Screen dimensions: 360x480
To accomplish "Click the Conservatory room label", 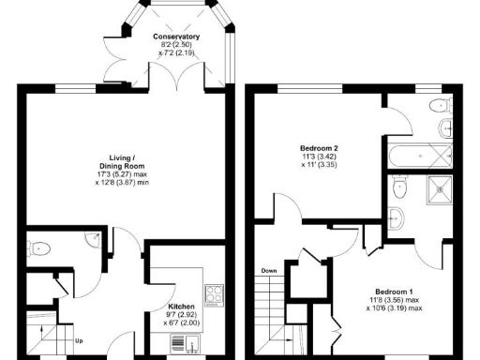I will pos(176,37).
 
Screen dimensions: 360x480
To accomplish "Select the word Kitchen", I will pos(181,307).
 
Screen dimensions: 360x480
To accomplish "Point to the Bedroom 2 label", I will pos(318,147).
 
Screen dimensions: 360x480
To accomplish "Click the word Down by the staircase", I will pos(270,271).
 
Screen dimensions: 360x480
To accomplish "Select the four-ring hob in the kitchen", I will pos(214,293).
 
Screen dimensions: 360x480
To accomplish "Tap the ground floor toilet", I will pos(38,248).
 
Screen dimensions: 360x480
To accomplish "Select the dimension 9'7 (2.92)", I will pos(181,315).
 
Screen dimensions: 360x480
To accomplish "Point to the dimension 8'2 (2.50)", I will pos(176,45).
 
